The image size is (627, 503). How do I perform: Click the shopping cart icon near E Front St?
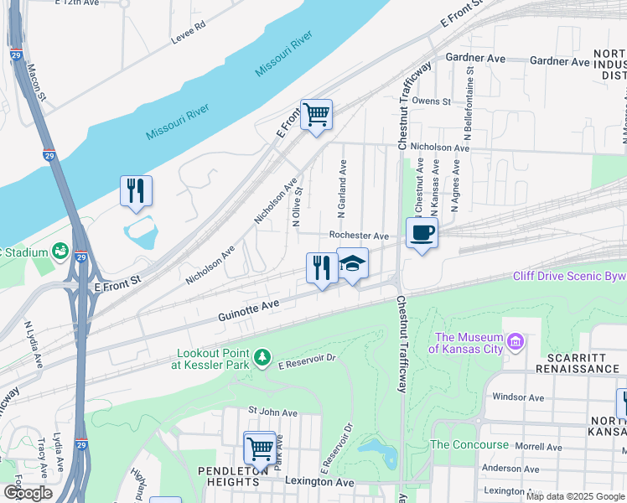pyautogui.click(x=316, y=114)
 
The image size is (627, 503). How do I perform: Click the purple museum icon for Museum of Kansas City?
pyautogui.click(x=516, y=342)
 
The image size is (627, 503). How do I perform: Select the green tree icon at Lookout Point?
pyautogui.click(x=262, y=358)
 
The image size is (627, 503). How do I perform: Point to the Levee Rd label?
pyautogui.click(x=189, y=30)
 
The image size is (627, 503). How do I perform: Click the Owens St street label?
pyautogui.click(x=432, y=101)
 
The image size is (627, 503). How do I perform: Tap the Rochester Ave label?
pyautogui.click(x=359, y=236)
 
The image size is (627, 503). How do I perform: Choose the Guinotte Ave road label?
pyautogui.click(x=247, y=312)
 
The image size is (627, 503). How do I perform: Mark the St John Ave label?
pyautogui.click(x=272, y=412)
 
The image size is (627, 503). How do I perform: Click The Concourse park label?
pyautogui.click(x=469, y=444)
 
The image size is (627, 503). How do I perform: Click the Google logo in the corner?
pyautogui.click(x=28, y=493)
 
